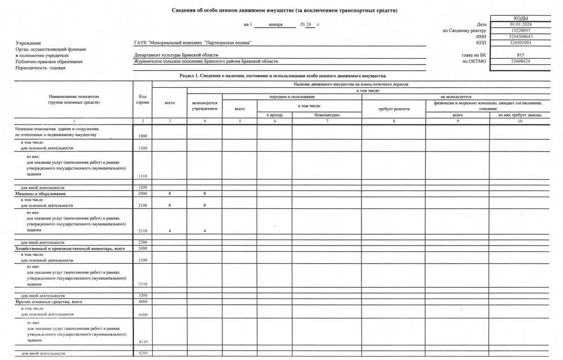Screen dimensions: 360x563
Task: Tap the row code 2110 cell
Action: (143, 231)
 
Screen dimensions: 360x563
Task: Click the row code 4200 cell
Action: (143, 353)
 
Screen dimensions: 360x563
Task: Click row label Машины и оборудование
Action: (41, 194)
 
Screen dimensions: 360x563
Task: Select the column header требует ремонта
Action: (394, 108)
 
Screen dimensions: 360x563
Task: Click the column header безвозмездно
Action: (327, 115)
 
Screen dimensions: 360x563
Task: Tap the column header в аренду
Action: (274, 115)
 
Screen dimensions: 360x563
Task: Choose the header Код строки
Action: (143, 100)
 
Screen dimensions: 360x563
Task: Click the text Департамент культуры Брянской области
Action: (176, 56)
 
